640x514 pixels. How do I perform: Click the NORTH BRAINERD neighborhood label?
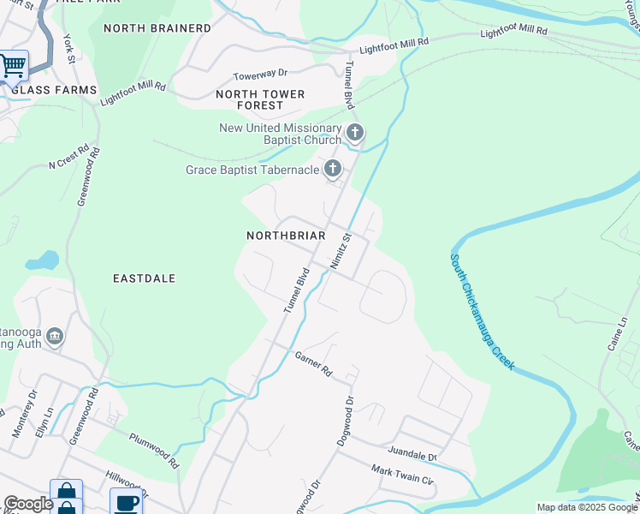click(x=157, y=28)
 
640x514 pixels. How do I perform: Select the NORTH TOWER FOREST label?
click(x=249, y=99)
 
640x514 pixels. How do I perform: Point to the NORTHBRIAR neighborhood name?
click(x=285, y=235)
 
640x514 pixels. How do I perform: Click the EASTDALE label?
click(x=144, y=278)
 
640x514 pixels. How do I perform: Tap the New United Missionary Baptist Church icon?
click(x=354, y=133)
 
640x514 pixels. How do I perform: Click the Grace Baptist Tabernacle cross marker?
click(x=332, y=170)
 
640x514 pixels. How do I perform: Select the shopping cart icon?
click(x=13, y=65)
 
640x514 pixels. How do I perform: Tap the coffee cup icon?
click(x=126, y=503)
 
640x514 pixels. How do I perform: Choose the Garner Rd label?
click(x=312, y=364)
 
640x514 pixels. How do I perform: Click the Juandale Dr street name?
click(x=412, y=454)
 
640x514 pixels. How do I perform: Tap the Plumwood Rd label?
click(x=154, y=450)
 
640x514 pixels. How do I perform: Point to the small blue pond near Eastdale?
click(x=42, y=260)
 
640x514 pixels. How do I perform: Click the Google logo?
click(x=28, y=504)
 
